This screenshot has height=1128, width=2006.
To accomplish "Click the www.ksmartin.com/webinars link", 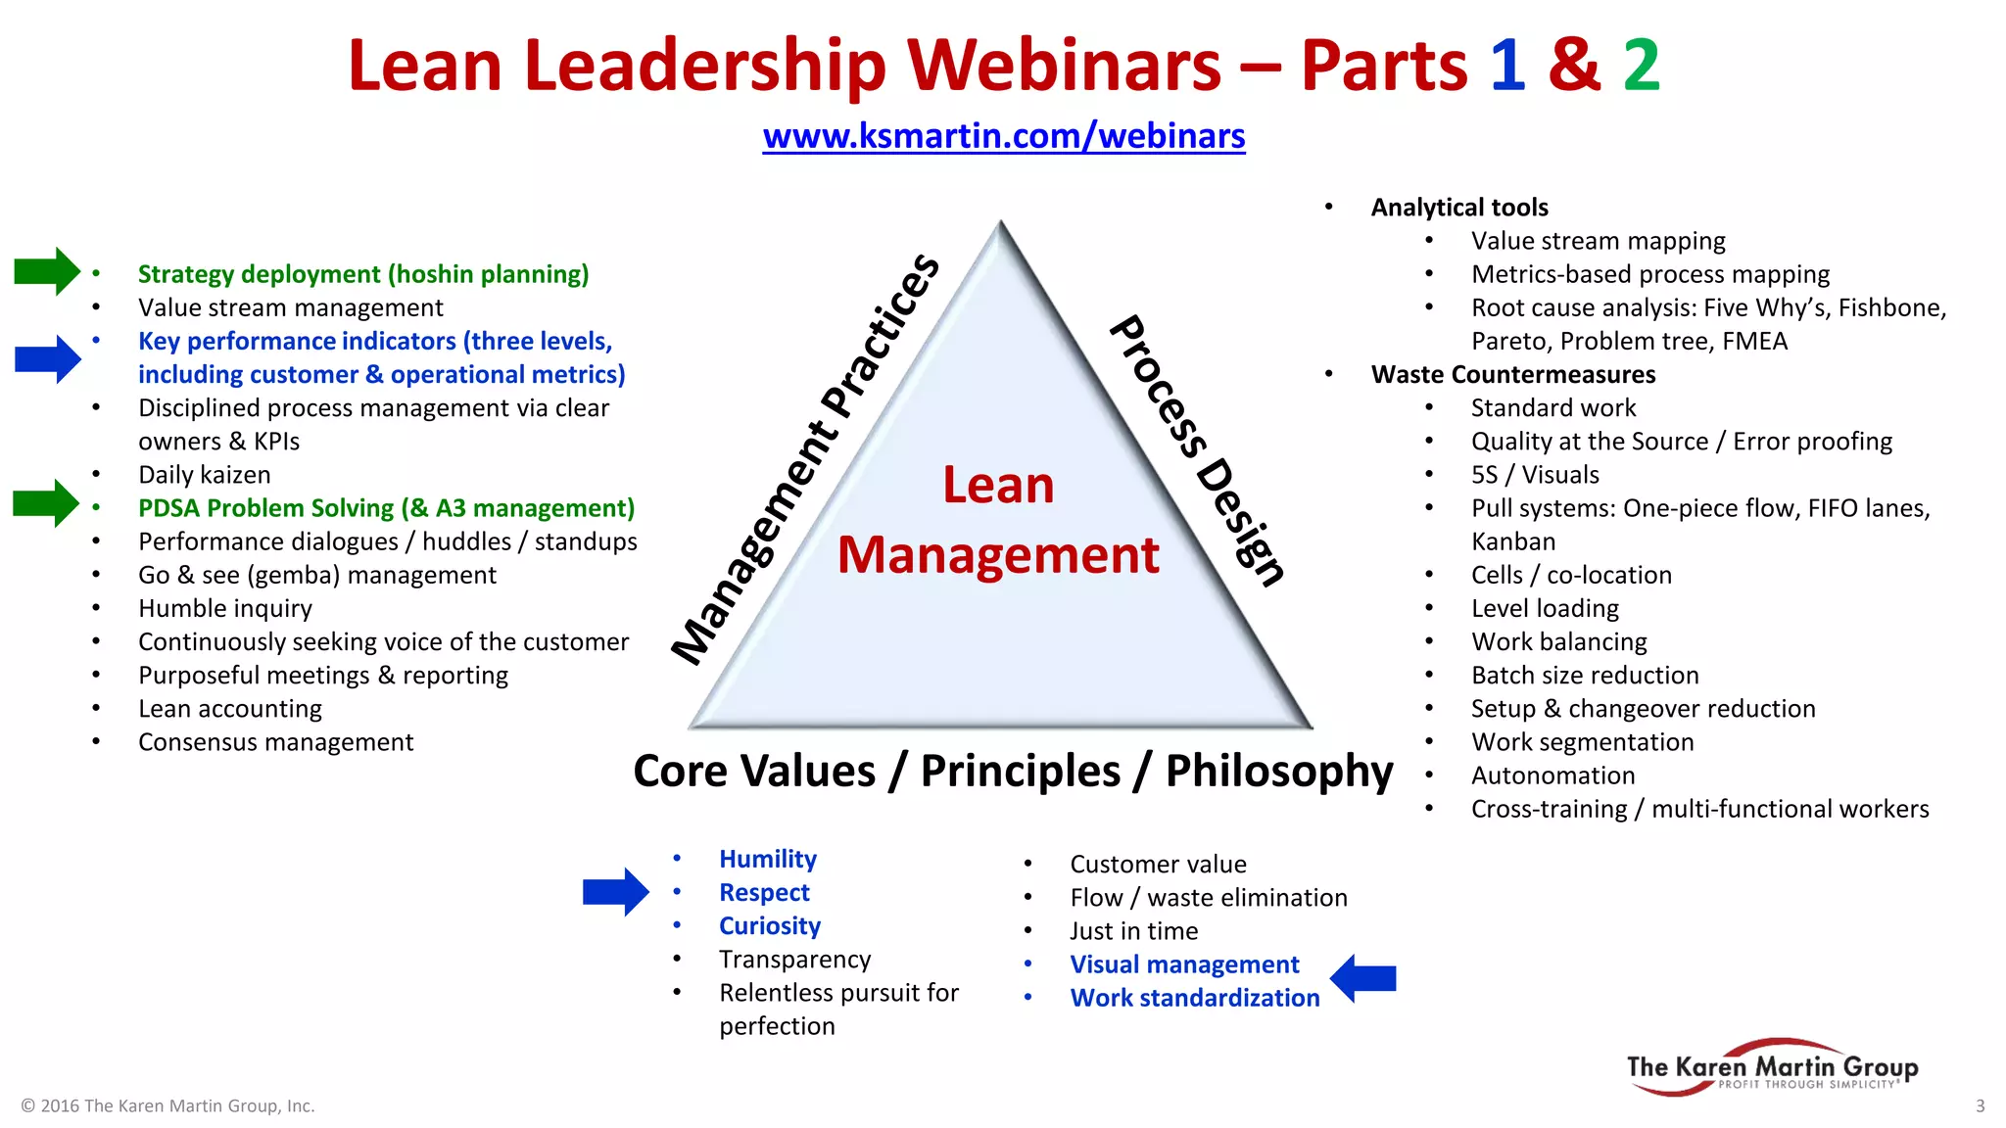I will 1004,136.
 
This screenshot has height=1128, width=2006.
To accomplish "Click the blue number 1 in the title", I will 1507,66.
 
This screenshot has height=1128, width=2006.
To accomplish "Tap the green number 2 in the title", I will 1641,66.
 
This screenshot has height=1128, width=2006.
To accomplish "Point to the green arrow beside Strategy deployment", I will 46,271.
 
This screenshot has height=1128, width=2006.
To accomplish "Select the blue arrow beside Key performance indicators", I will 47,358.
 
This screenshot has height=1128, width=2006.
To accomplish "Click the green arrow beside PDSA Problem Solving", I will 45,503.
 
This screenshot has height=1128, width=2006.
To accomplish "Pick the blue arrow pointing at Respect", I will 615,892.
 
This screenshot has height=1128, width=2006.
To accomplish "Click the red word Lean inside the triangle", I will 998,485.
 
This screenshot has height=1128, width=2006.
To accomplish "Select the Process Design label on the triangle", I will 1197,450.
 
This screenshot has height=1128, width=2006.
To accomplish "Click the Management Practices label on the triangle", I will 805,458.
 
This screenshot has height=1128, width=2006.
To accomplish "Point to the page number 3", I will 1980,1105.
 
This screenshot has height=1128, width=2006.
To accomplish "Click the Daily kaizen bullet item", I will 204,475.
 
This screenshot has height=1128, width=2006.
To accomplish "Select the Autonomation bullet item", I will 1552,775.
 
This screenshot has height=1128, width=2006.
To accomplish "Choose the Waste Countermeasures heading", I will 1512,375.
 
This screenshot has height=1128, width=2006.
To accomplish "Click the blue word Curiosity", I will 770,926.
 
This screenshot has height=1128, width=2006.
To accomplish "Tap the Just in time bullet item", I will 1133,931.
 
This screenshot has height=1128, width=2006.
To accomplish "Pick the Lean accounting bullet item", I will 230,709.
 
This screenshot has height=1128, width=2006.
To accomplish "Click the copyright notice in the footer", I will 167,1105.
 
